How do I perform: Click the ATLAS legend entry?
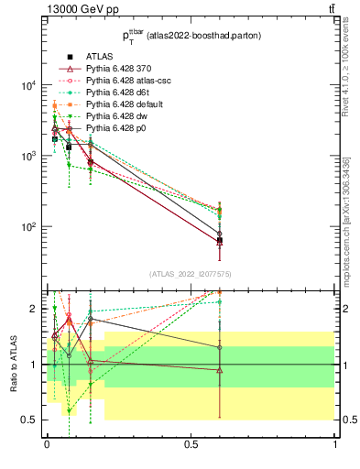pyautogui.click(x=100, y=57)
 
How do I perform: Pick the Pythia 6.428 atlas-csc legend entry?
pyautogui.click(x=125, y=81)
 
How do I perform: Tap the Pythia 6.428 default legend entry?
pyautogui.click(x=124, y=104)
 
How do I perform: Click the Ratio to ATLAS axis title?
pyautogui.click(x=14, y=365)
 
